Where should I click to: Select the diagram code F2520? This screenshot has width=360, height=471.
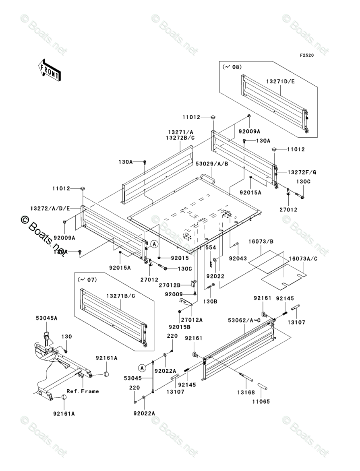(306, 56)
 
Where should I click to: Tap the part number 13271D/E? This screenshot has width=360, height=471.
(280, 81)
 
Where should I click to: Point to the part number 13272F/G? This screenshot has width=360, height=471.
(302, 172)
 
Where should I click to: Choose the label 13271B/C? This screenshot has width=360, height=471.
(120, 296)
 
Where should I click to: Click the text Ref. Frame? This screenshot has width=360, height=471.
(83, 391)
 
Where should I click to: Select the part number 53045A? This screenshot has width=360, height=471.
(46, 318)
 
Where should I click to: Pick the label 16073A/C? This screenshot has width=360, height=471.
(303, 258)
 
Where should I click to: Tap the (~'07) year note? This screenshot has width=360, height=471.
(85, 279)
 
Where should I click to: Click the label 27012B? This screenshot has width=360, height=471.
(169, 285)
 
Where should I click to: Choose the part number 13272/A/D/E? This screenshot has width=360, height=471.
(50, 208)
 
